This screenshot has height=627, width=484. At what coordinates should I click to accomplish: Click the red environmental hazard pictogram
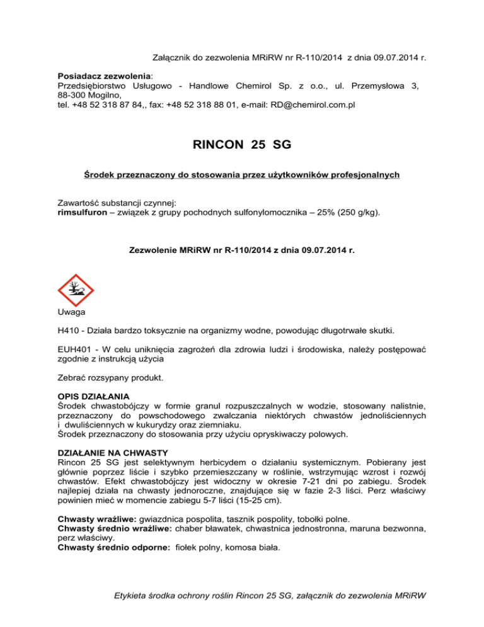pyautogui.click(x=76, y=295)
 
